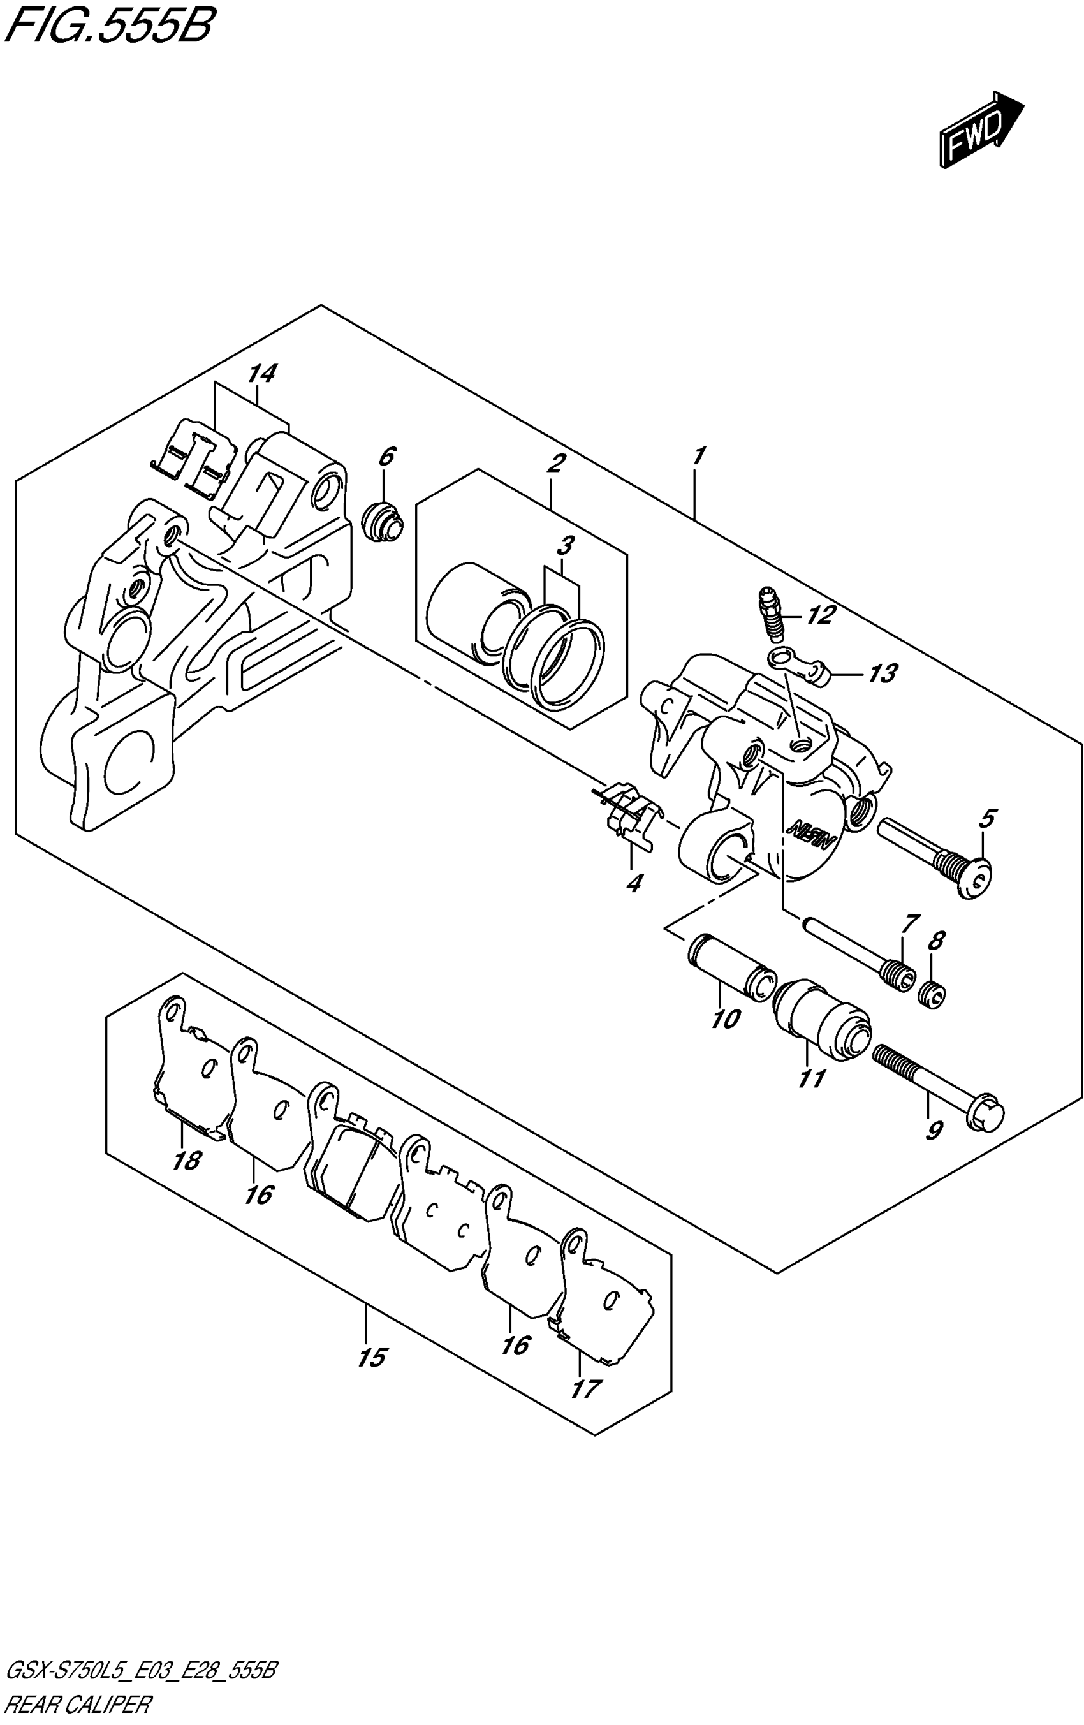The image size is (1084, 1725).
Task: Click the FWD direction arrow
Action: (x=980, y=129)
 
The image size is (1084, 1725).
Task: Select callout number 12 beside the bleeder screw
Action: (x=821, y=615)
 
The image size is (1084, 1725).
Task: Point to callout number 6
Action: (x=386, y=457)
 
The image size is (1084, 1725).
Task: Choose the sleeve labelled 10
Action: (x=731, y=967)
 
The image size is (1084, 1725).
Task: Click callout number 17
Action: (x=585, y=1388)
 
